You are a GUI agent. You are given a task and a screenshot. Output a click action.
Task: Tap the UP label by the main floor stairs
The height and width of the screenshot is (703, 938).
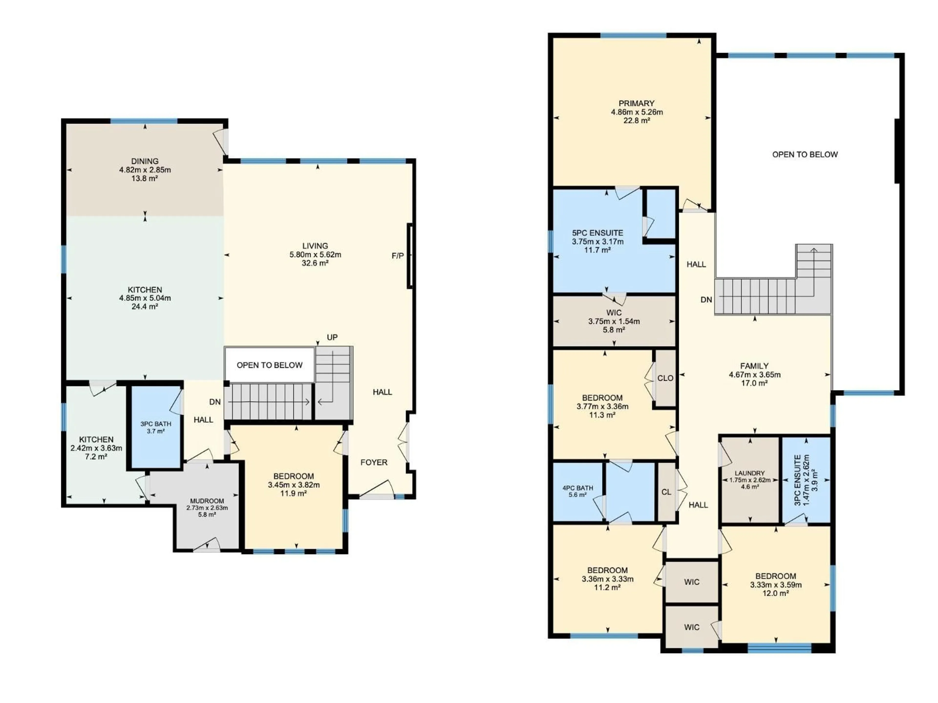point(332,337)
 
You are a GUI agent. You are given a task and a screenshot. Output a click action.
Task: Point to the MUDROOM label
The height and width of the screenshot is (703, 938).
point(207,501)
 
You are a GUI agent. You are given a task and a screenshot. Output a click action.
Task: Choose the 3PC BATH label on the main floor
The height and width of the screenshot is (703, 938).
point(156,424)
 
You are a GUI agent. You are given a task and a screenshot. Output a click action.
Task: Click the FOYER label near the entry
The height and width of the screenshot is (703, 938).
point(373,462)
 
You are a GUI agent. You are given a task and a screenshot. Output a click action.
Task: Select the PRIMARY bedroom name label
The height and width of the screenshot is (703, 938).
point(636,103)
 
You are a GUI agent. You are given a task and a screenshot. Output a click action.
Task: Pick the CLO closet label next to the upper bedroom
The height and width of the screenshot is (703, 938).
point(665,378)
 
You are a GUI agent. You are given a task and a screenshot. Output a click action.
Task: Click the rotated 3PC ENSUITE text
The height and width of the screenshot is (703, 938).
point(797,480)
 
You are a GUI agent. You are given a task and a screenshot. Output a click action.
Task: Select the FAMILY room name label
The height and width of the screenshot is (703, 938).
point(754,366)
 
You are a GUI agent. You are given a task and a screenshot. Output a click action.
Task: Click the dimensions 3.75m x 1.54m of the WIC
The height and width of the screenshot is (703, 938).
point(614,321)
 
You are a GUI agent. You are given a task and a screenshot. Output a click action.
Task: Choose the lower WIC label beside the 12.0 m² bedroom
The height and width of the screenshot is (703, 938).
point(691,627)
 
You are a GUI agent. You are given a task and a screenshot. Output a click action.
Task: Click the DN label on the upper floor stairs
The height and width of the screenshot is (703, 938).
point(706,300)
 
